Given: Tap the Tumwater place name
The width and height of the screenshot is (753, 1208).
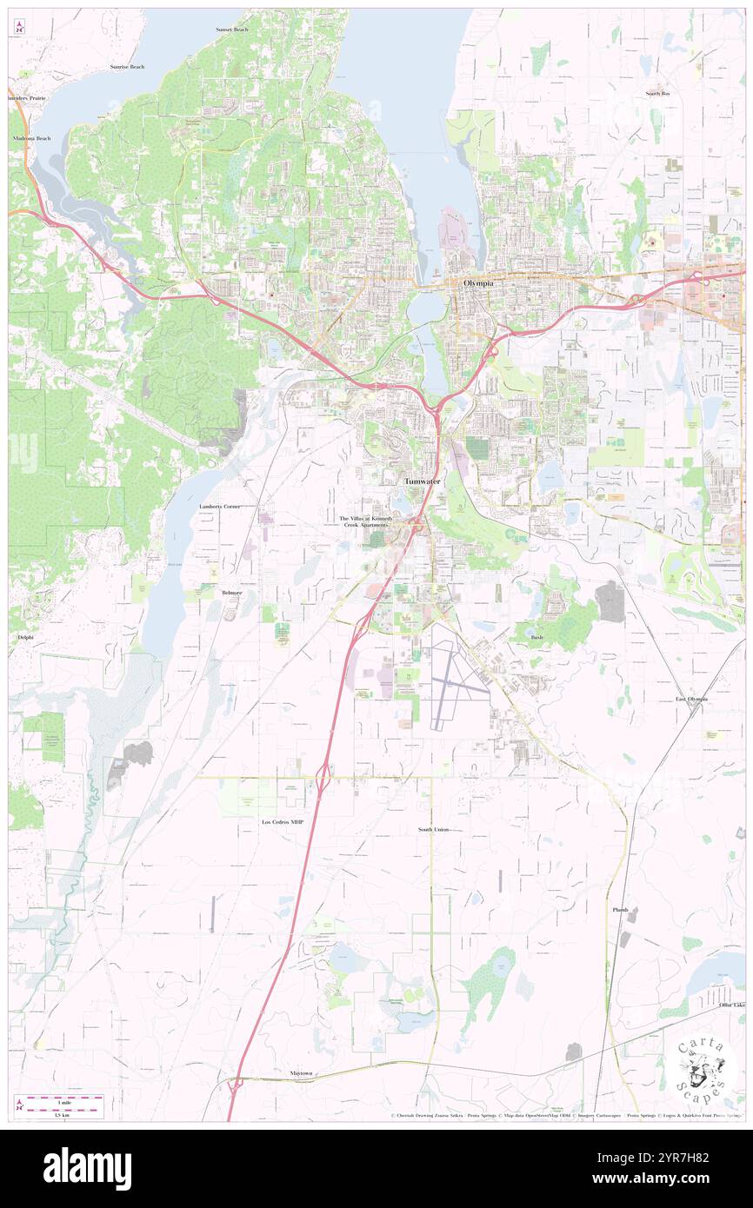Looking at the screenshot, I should click(x=422, y=481).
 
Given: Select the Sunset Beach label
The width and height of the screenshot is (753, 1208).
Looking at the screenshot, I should click(x=232, y=30).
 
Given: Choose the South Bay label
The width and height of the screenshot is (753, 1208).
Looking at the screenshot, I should click(x=657, y=93).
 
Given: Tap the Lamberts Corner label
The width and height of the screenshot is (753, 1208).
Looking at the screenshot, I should click(x=218, y=506).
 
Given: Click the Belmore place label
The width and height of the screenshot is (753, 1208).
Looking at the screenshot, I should click(x=231, y=592).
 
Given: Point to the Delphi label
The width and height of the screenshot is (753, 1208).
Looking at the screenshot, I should click(x=25, y=637).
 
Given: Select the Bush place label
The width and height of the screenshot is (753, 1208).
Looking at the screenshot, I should click(x=536, y=637).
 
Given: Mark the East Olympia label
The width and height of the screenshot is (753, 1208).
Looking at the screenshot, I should click(x=692, y=699).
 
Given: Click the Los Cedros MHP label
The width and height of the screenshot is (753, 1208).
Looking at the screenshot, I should click(x=284, y=821).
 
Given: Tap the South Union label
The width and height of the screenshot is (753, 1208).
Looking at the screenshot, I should click(x=433, y=830).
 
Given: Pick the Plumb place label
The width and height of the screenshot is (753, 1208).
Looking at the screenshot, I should click(x=620, y=909).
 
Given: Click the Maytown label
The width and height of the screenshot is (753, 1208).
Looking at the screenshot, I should click(x=303, y=1073).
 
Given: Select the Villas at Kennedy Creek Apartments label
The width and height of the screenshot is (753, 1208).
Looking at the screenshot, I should click(x=365, y=521).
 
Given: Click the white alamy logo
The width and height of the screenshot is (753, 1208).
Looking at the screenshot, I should click(x=88, y=1167).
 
